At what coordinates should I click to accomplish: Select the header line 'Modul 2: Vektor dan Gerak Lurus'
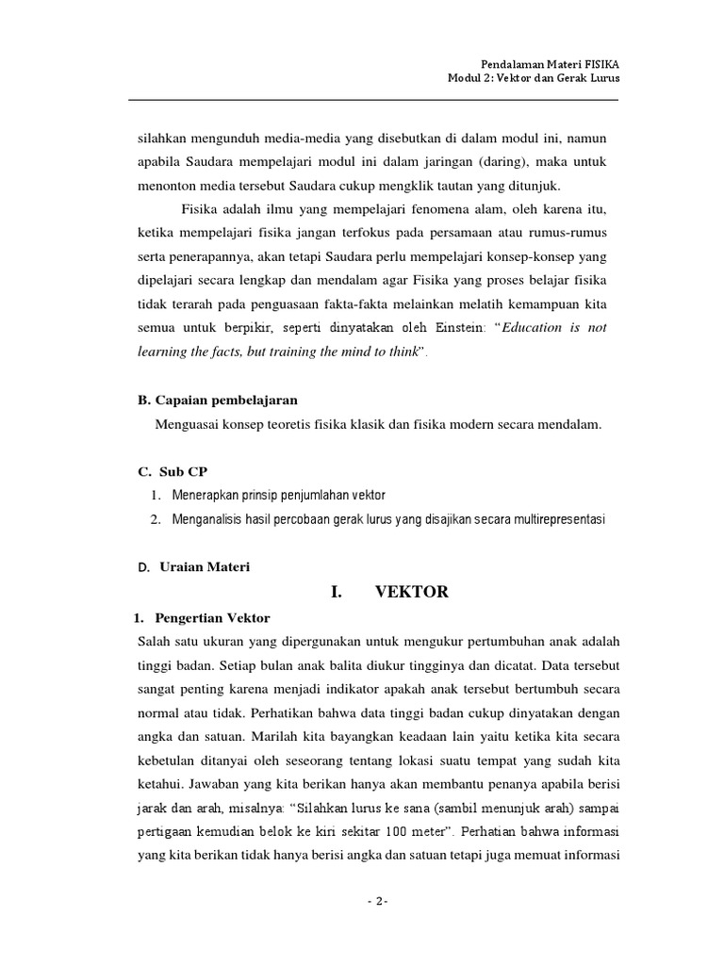coord(534,77)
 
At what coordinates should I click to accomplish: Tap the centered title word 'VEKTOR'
coord(412,593)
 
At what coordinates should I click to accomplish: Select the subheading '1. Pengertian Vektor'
coord(200,618)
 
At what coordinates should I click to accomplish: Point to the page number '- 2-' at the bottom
coord(376,901)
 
